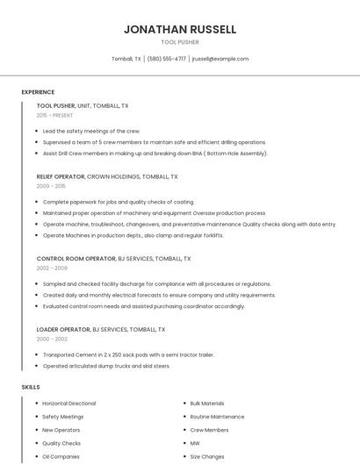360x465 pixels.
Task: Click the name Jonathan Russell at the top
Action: (x=180, y=29)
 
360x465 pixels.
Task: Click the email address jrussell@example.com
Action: (x=220, y=59)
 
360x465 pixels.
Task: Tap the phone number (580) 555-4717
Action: (x=167, y=59)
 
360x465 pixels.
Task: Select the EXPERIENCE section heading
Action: (x=38, y=92)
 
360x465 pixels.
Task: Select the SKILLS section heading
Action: (x=30, y=387)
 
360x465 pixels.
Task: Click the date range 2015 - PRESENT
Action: (x=54, y=115)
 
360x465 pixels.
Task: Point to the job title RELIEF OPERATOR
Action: (x=61, y=176)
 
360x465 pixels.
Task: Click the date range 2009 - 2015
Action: (x=51, y=186)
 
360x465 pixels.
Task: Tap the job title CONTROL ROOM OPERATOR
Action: (x=76, y=259)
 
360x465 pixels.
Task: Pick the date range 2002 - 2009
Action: (x=51, y=268)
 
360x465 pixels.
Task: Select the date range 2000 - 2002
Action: (x=51, y=339)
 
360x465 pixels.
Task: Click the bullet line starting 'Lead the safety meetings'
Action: (x=91, y=131)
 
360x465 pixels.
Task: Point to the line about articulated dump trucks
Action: (x=106, y=366)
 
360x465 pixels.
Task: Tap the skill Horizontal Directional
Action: (x=69, y=404)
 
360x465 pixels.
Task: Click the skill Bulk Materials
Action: (x=207, y=404)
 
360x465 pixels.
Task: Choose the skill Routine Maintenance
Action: (x=217, y=417)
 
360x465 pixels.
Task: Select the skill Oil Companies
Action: (x=61, y=457)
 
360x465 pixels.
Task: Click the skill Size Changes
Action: (x=207, y=457)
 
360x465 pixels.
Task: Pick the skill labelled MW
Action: (x=195, y=444)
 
